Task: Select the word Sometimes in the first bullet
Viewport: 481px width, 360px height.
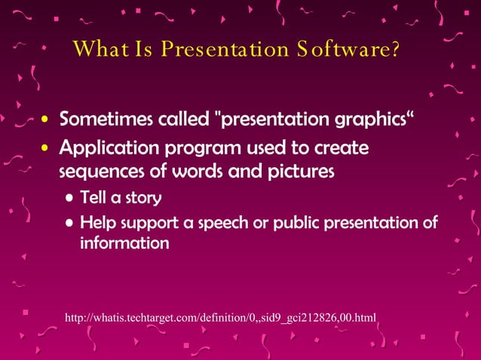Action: pyautogui.click(x=103, y=120)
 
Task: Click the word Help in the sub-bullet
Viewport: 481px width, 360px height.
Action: pyautogui.click(x=96, y=223)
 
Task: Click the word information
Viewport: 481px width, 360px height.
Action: pyautogui.click(x=124, y=243)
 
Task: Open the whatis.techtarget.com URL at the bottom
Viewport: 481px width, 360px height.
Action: pyautogui.click(x=220, y=317)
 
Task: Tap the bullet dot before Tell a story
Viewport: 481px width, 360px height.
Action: pyautogui.click(x=70, y=199)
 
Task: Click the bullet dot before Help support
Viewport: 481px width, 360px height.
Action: pyautogui.click(x=70, y=224)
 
